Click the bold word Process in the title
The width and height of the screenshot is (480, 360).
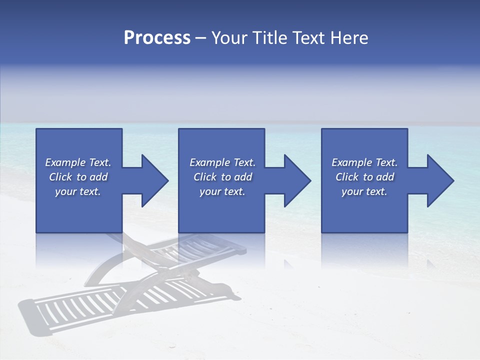[157, 38]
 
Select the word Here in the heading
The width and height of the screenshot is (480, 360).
[349, 38]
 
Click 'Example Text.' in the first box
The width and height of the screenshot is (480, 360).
[78, 162]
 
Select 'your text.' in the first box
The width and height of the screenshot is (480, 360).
[78, 191]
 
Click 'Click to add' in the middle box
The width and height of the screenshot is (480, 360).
[222, 177]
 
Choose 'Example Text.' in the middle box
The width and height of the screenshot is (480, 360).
[222, 162]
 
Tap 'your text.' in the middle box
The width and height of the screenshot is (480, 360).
[222, 191]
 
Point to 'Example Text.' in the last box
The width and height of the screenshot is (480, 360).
[364, 162]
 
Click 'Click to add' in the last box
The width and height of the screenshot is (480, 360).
[364, 177]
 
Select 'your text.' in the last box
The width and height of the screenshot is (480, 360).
[364, 191]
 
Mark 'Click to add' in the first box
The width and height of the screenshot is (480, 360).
[78, 177]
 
